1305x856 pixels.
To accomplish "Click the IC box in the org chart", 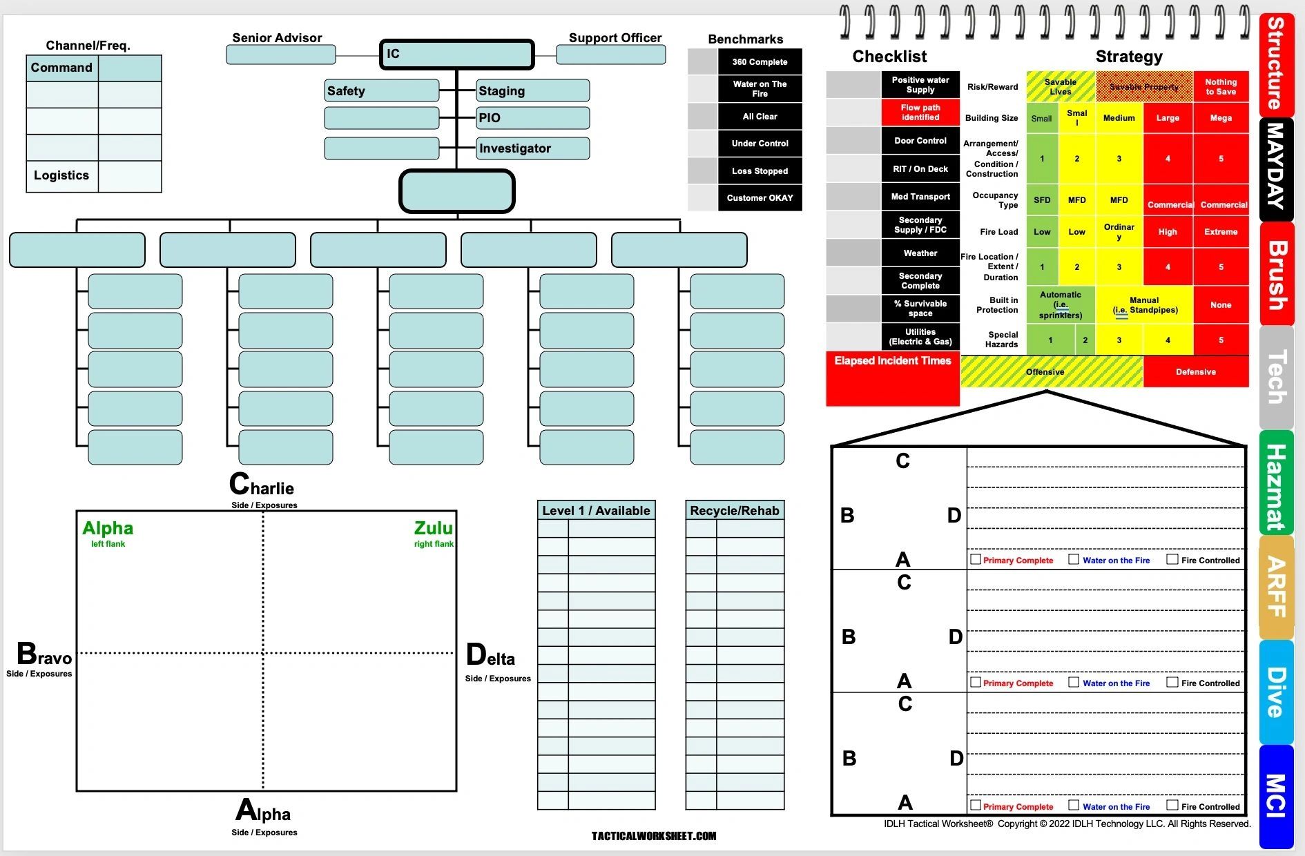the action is click(x=456, y=55).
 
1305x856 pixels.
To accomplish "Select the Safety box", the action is click(x=382, y=90).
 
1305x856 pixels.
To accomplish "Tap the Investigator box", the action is click(x=533, y=148).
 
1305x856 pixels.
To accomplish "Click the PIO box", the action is click(x=533, y=118).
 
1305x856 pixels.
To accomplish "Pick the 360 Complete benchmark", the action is click(x=760, y=62).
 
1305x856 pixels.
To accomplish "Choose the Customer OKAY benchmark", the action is click(x=760, y=198).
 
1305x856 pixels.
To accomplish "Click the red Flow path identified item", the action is click(x=920, y=113).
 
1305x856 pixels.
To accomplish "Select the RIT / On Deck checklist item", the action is click(x=920, y=169).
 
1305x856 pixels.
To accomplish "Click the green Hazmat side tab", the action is click(x=1276, y=483).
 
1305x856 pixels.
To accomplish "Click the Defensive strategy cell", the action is click(x=1196, y=372).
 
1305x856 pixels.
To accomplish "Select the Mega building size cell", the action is click(x=1221, y=118).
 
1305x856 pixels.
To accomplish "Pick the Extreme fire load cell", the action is click(x=1221, y=232).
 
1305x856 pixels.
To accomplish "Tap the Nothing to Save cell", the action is click(x=1221, y=87).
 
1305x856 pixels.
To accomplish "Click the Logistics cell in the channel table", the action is click(x=62, y=176).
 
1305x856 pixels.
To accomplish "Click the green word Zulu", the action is click(x=433, y=528).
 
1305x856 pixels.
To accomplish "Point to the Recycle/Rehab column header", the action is click(x=735, y=511).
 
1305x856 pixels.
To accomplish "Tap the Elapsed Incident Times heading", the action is click(x=892, y=361).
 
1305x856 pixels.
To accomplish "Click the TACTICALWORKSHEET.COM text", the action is click(x=654, y=836).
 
